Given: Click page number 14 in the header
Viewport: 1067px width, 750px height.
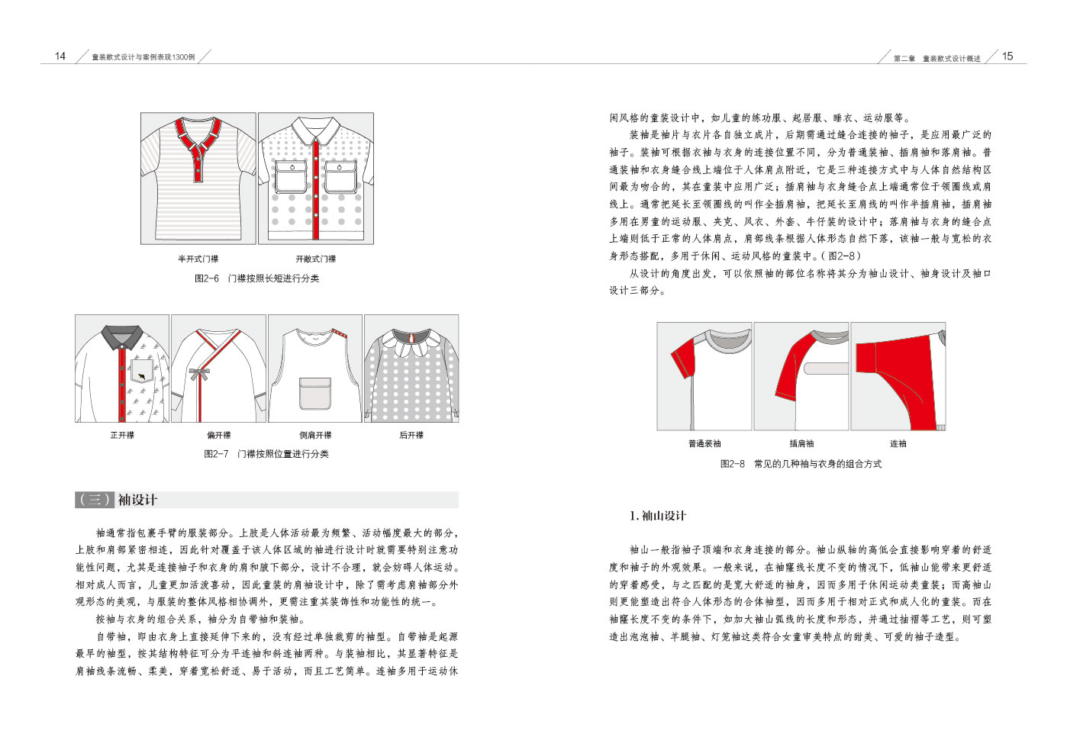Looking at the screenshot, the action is pyautogui.click(x=60, y=56).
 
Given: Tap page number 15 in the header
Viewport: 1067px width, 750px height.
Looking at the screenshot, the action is pyautogui.click(x=1007, y=56).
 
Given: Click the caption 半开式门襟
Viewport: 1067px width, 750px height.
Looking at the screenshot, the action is pyautogui.click(x=198, y=259).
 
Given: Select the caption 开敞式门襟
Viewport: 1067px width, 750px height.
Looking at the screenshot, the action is pyautogui.click(x=316, y=259).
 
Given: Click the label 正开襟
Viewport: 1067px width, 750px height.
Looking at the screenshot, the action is pyautogui.click(x=122, y=435).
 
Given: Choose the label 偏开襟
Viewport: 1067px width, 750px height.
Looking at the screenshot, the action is pyautogui.click(x=218, y=435).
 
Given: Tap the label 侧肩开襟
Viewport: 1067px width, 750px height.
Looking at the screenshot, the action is pyautogui.click(x=315, y=435).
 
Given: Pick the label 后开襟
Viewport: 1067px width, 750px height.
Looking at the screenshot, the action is pyautogui.click(x=411, y=435).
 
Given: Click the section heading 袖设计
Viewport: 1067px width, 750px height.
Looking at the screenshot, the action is pyautogui.click(x=137, y=500).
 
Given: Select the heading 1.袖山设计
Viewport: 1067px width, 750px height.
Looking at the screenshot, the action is pyautogui.click(x=658, y=516).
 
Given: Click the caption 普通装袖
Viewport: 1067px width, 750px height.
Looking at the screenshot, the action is pyautogui.click(x=704, y=443).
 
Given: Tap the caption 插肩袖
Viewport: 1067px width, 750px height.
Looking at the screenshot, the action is pyautogui.click(x=801, y=443).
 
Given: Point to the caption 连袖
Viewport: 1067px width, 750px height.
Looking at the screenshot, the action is pyautogui.click(x=898, y=443).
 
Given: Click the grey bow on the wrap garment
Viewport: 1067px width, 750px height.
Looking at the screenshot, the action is pyautogui.click(x=200, y=374).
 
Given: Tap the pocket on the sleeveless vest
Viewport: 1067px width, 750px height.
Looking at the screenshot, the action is pyautogui.click(x=315, y=394).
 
